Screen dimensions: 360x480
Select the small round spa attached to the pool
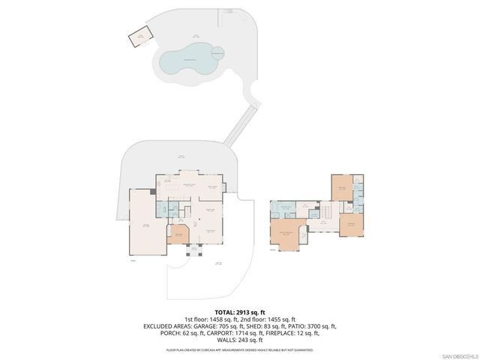pyautogui.click(x=217, y=52)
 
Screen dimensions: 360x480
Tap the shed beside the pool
pyautogui.click(x=139, y=37)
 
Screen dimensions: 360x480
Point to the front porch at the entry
pyautogui.click(x=193, y=251)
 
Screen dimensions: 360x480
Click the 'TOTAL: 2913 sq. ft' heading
pyautogui.click(x=240, y=311)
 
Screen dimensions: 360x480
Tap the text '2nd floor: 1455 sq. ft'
pyautogui.click(x=268, y=319)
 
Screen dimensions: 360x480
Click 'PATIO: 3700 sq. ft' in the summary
pyautogui.click(x=312, y=327)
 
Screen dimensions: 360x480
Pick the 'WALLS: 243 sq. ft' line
pyautogui.click(x=240, y=341)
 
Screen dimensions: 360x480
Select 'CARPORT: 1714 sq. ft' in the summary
pyautogui.click(x=220, y=334)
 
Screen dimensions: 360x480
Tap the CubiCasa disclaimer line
pyautogui.click(x=240, y=349)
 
